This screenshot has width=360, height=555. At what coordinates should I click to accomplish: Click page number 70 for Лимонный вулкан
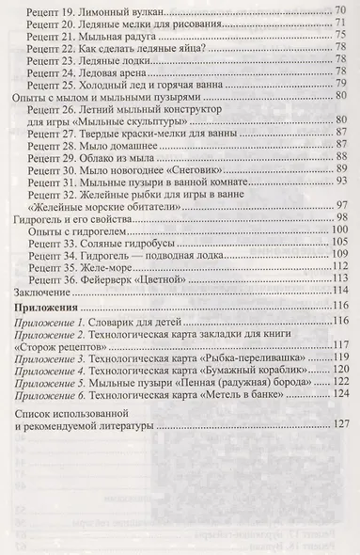click(x=342, y=11)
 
